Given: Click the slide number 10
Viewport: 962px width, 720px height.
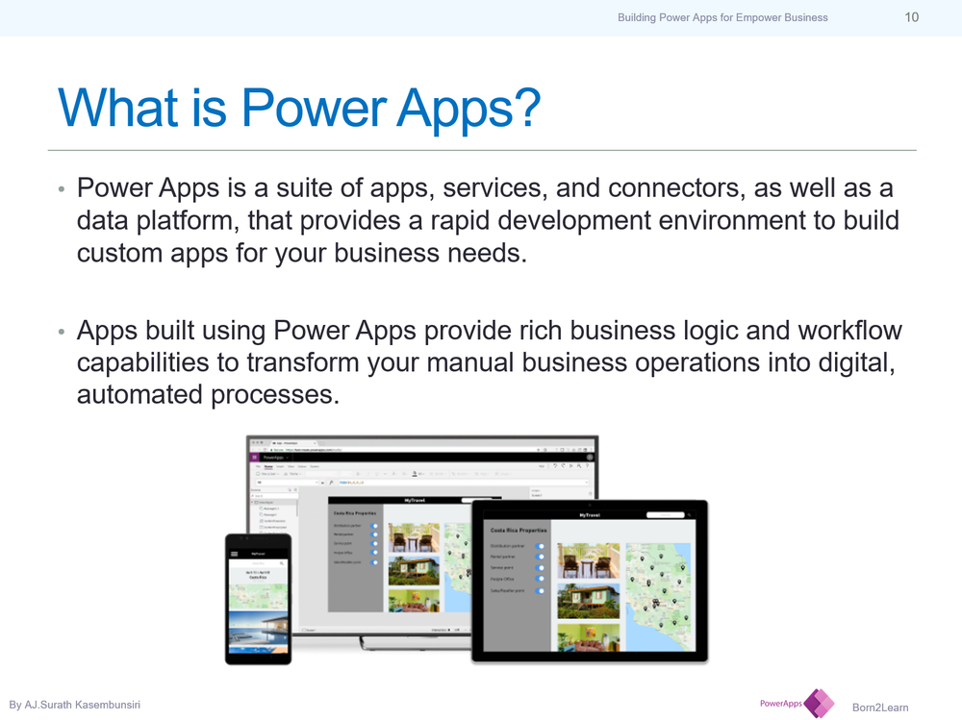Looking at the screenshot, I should tap(911, 17).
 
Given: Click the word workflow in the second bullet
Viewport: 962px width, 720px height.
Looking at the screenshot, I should tap(849, 331).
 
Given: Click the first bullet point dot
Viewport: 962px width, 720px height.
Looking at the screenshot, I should tap(61, 188).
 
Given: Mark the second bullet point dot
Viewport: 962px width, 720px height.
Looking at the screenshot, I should tap(61, 332).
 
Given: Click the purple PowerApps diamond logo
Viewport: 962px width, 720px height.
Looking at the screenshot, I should tap(819, 704).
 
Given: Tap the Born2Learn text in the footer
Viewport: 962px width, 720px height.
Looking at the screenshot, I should tap(880, 708).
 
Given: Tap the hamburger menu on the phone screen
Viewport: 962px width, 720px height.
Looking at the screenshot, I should tap(233, 555).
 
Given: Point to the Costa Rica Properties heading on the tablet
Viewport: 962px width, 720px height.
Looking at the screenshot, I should tap(519, 530).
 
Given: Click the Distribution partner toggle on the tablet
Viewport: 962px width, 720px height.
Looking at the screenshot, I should tap(541, 545).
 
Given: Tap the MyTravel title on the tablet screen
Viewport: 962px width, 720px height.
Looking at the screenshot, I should tap(592, 515).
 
